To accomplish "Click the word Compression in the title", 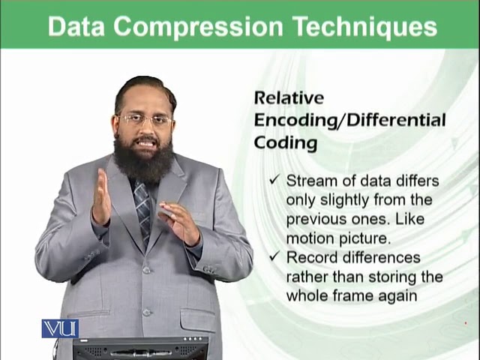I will pyautogui.click(x=197, y=28).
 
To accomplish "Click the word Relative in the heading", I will pyautogui.click(x=289, y=97).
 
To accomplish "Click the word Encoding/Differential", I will pyautogui.click(x=349, y=120).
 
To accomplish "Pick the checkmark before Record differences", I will pyautogui.click(x=274, y=258).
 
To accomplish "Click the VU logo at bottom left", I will pyautogui.click(x=60, y=328).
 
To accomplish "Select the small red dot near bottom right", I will pyautogui.click(x=466, y=324).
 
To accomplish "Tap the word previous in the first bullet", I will pyautogui.click(x=315, y=220).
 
